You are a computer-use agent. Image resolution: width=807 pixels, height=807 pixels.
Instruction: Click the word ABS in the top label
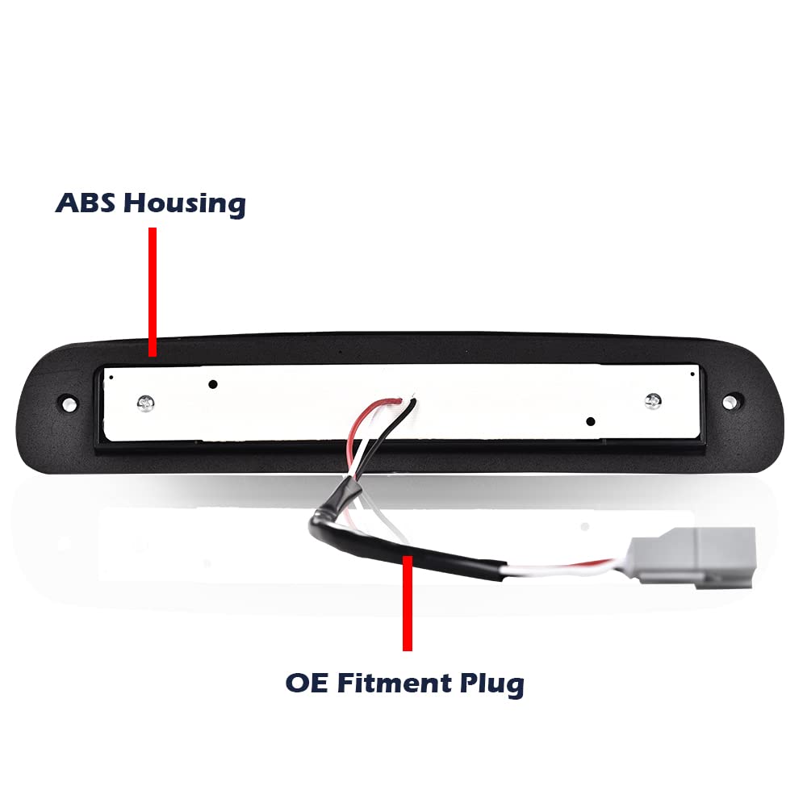(x=85, y=203)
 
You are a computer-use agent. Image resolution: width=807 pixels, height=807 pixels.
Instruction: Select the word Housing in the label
(x=185, y=204)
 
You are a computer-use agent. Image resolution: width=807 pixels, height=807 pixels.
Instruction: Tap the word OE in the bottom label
(x=306, y=683)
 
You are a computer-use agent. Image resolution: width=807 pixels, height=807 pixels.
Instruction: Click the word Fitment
(x=395, y=683)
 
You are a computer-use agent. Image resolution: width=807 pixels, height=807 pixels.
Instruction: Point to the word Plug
(x=492, y=685)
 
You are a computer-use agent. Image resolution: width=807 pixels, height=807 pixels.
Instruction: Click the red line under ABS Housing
(x=153, y=292)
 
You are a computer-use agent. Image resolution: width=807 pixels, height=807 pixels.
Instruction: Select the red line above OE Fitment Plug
(x=408, y=603)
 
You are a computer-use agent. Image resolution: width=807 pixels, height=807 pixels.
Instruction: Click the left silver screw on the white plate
(x=146, y=403)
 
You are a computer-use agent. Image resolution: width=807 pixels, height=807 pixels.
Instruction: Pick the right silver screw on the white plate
(x=653, y=400)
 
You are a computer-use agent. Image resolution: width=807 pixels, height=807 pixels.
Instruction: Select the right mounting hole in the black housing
(x=729, y=402)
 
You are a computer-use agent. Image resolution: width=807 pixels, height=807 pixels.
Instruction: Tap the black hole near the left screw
(x=212, y=384)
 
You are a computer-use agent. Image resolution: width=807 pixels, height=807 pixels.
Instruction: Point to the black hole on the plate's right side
(x=591, y=421)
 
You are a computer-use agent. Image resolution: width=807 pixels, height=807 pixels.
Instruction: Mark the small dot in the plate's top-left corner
(x=111, y=377)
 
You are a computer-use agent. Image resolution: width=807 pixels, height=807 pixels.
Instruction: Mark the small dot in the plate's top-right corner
(x=692, y=374)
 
